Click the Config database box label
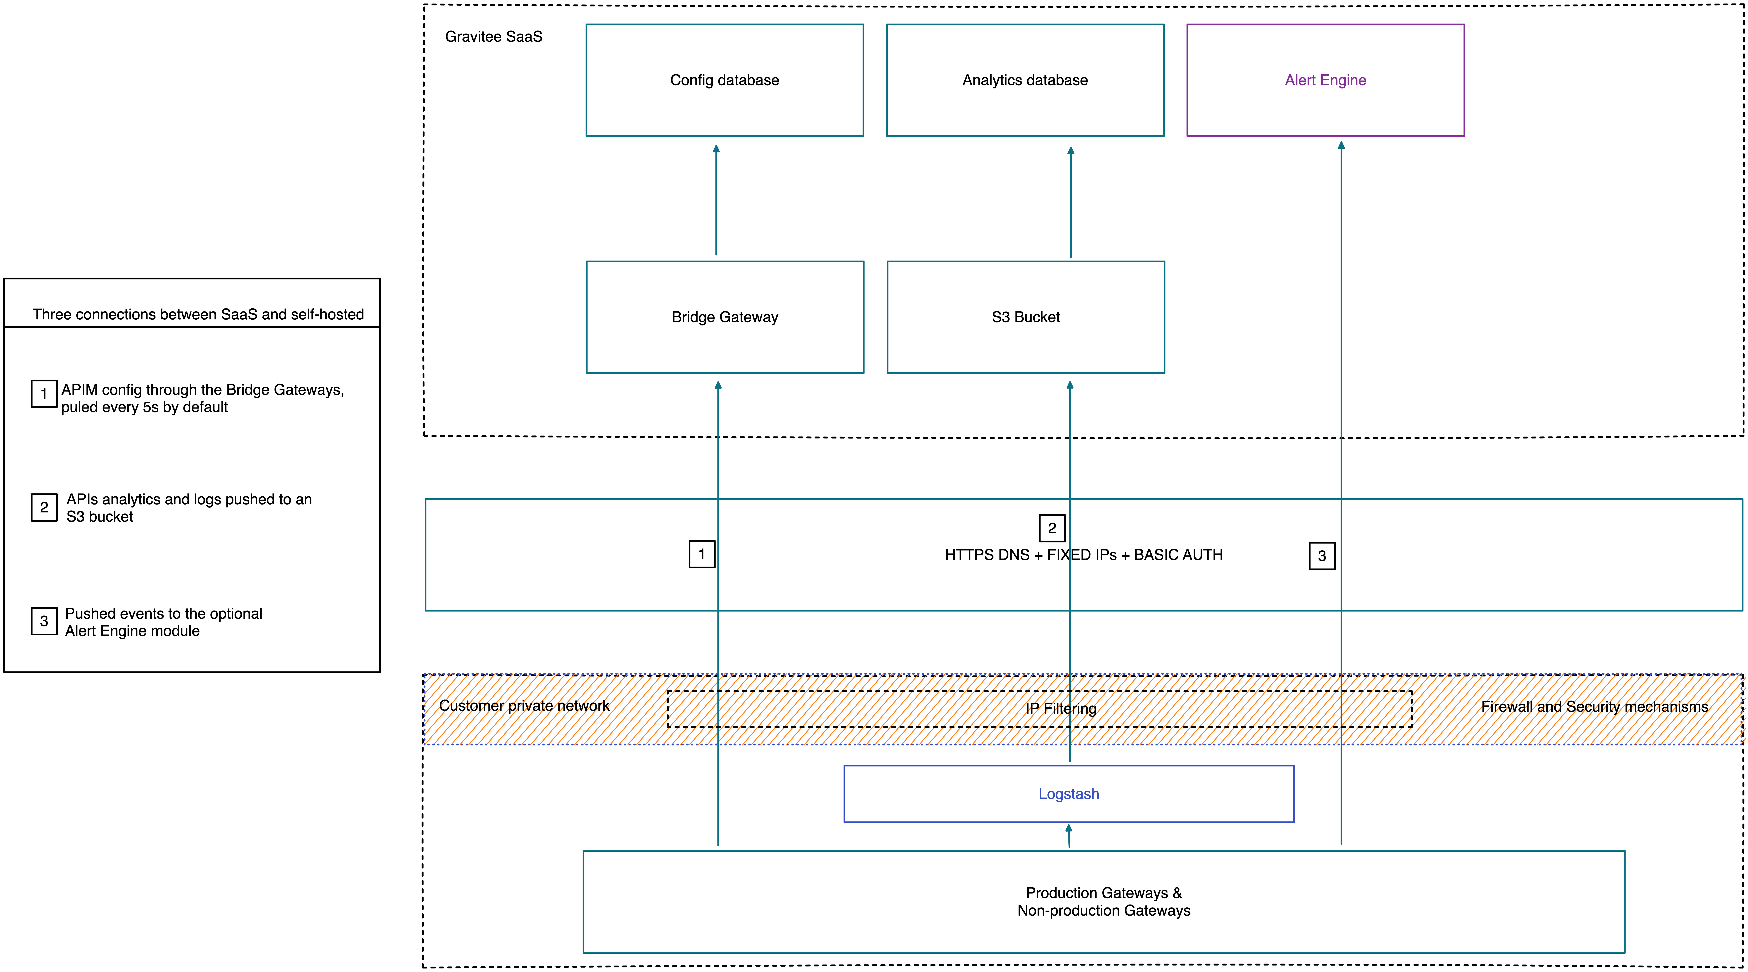(724, 80)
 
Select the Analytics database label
(1025, 80)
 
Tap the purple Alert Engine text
(1325, 80)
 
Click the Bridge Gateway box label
(724, 317)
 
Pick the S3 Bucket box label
(1025, 317)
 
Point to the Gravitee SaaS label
(493, 37)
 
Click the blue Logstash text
(1068, 794)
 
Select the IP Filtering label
(1061, 708)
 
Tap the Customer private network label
(524, 705)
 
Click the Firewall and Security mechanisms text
(1594, 706)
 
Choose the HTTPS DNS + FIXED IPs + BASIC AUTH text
(1083, 555)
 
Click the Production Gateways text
(1103, 893)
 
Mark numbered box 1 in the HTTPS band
(702, 554)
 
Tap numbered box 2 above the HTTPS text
(1052, 528)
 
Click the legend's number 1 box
(44, 393)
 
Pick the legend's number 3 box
(44, 621)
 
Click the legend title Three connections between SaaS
(198, 314)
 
